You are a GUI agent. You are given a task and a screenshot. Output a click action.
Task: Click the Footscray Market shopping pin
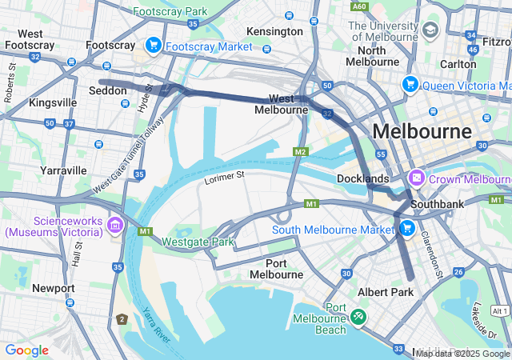click(x=153, y=46)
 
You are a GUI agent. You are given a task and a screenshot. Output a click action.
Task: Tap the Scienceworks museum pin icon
click(x=114, y=226)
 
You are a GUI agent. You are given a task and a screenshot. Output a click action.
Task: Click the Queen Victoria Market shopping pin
click(x=410, y=85)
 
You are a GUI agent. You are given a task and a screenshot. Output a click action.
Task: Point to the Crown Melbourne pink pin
click(x=416, y=178)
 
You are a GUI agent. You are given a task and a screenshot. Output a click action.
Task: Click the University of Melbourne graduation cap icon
click(x=431, y=30)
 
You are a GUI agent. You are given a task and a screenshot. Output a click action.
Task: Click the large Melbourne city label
click(x=422, y=131)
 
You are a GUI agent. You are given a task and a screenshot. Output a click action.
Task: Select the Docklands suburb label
click(x=362, y=178)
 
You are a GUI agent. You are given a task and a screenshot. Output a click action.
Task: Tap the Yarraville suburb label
click(x=63, y=170)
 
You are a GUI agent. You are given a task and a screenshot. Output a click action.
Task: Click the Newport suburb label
click(x=54, y=288)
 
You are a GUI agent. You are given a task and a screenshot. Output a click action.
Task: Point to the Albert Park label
click(x=386, y=293)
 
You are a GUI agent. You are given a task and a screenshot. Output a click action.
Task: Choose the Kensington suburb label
click(x=275, y=31)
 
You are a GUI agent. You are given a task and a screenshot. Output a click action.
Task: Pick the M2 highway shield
click(x=300, y=152)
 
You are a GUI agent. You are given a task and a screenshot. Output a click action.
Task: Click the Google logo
click(x=26, y=350)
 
